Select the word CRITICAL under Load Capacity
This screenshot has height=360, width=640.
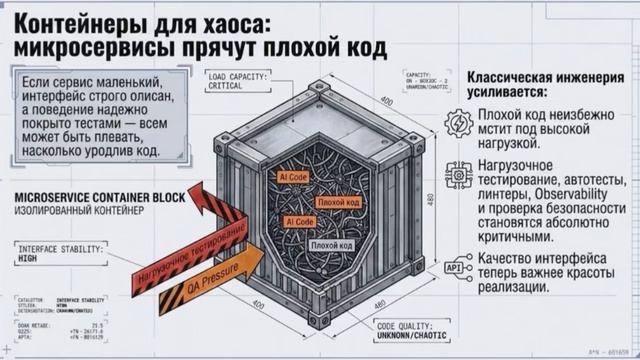pos(231,85)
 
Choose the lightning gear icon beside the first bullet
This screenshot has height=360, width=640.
pos(459,122)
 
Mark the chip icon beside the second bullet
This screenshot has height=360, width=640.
pos(459,176)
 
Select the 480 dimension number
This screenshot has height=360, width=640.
pos(431,200)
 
